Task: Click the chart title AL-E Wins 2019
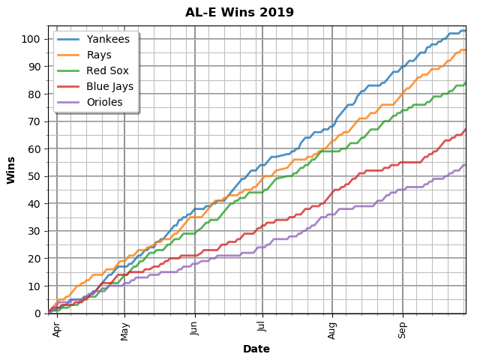pos(240,13)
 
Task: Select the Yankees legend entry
pos(107,39)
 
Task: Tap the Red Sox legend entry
pos(107,70)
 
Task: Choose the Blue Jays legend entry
pos(109,86)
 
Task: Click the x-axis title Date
pos(256,349)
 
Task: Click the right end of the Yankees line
pos(465,31)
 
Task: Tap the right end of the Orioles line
pos(465,165)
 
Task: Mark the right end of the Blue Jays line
pos(465,129)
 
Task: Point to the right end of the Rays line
pos(465,50)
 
